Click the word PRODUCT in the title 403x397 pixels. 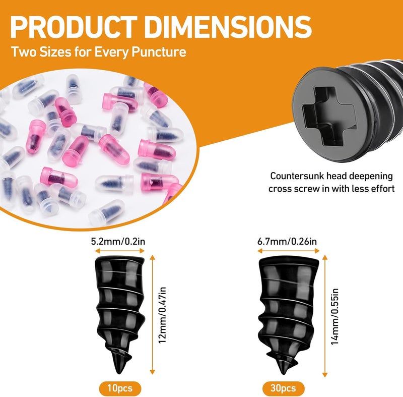click(x=74, y=27)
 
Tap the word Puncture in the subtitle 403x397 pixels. click(x=159, y=52)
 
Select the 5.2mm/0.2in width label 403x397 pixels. click(x=118, y=241)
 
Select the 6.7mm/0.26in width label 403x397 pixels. click(x=287, y=241)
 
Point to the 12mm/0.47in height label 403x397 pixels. click(x=162, y=315)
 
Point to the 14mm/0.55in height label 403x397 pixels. click(x=334, y=316)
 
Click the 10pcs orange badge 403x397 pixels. click(x=120, y=388)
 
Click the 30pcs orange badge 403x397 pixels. click(x=283, y=388)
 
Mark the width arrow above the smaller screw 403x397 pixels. click(x=120, y=251)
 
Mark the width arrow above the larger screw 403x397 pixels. click(x=288, y=251)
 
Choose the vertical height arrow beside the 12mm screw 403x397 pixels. click(x=153, y=314)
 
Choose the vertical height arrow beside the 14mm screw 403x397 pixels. click(x=325, y=316)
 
